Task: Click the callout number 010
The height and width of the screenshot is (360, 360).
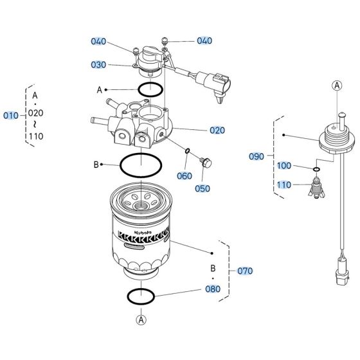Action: pyautogui.click(x=11, y=116)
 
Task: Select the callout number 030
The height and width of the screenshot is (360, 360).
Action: pyautogui.click(x=98, y=64)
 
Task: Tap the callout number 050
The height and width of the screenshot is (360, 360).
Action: pyautogui.click(x=203, y=189)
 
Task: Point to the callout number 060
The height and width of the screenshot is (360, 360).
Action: pyautogui.click(x=184, y=175)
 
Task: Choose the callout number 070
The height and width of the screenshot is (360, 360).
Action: pyautogui.click(x=246, y=271)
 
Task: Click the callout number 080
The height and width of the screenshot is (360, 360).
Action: pyautogui.click(x=212, y=289)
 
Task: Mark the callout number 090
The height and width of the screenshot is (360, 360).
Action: pyautogui.click(x=256, y=156)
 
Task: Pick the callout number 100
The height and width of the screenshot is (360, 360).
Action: pyautogui.click(x=284, y=166)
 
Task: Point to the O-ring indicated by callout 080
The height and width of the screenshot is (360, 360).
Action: pyautogui.click(x=141, y=296)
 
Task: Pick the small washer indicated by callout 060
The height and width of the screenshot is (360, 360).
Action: pyautogui.click(x=187, y=152)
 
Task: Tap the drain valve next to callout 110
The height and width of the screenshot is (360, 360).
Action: pyautogui.click(x=316, y=189)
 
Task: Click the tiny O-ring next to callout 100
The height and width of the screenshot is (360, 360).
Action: pyautogui.click(x=317, y=170)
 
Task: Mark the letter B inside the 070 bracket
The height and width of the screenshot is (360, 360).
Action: pyautogui.click(x=212, y=267)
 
